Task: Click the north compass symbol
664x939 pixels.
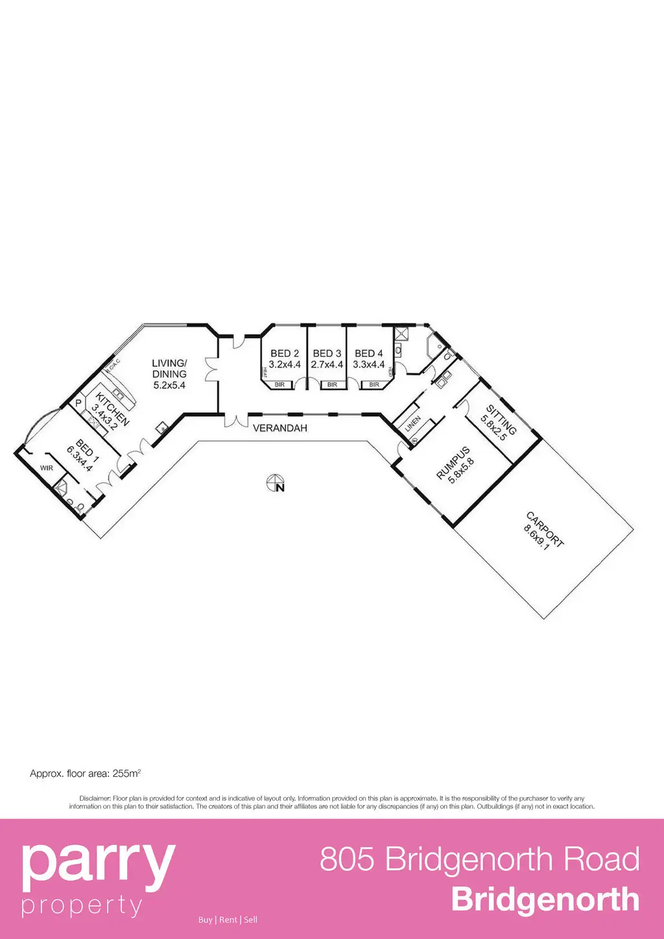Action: [276, 484]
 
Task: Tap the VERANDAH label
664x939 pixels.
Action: [279, 429]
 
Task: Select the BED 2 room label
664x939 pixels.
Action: [285, 353]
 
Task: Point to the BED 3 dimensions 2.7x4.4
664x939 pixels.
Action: [327, 364]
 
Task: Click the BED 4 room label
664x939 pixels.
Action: [369, 353]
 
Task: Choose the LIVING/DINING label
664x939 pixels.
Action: [169, 368]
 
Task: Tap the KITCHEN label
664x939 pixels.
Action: [113, 409]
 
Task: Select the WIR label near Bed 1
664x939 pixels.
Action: [47, 468]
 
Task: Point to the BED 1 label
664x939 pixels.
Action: [87, 448]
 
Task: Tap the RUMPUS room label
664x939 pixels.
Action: [453, 463]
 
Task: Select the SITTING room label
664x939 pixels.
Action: [502, 419]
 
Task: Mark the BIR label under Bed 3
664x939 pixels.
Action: [332, 385]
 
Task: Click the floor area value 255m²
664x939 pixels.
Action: [126, 774]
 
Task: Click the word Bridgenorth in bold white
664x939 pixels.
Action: [545, 900]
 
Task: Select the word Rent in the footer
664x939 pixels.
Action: [228, 920]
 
